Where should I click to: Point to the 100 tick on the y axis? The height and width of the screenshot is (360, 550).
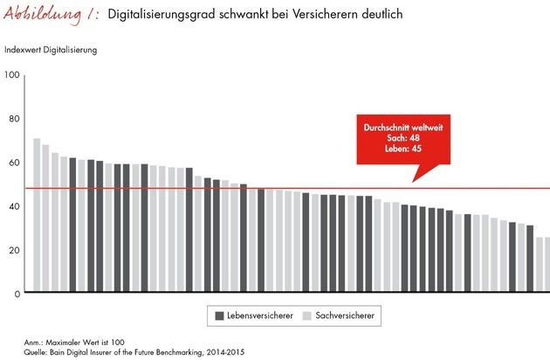click(12, 75)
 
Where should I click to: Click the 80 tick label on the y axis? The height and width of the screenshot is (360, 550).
click(14, 119)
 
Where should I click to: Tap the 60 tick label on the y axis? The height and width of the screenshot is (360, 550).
click(14, 163)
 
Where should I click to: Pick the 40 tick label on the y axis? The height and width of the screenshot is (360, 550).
click(14, 206)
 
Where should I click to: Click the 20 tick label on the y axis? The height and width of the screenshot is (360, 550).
click(14, 250)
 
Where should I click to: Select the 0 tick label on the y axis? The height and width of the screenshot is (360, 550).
click(17, 294)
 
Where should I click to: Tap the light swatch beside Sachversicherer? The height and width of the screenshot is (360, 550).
click(306, 315)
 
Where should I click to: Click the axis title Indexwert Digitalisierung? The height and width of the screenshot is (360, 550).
click(51, 50)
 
